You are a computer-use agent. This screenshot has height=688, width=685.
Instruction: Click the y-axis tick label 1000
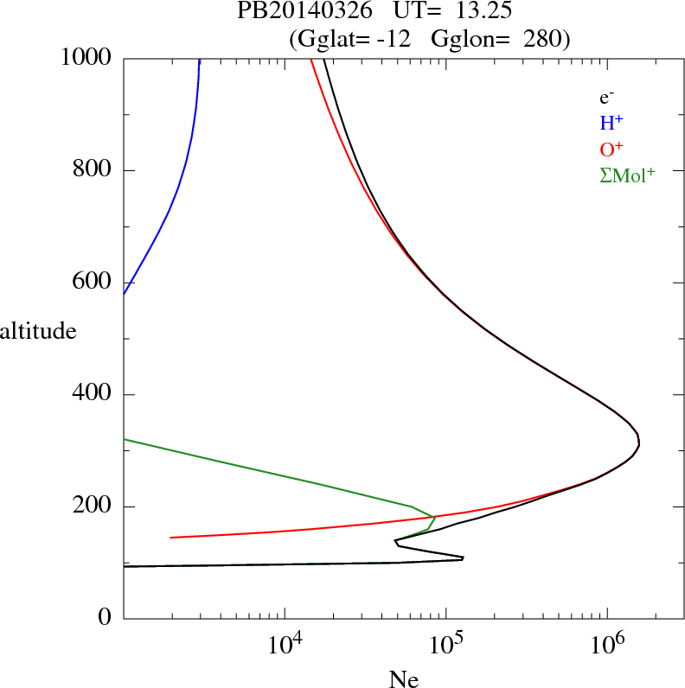point(86,59)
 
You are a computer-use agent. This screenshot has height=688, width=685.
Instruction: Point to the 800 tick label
point(93,171)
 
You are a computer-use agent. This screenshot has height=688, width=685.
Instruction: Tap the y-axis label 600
point(93,283)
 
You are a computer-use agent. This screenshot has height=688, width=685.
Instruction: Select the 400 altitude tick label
point(93,395)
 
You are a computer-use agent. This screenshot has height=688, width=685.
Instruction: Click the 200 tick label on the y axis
point(93,507)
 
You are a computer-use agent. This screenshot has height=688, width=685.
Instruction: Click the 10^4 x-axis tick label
point(285,645)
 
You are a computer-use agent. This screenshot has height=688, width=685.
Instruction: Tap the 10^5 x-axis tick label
point(445,645)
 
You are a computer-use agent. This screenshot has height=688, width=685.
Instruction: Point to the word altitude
point(38,331)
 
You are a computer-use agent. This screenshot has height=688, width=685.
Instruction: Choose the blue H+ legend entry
point(611,123)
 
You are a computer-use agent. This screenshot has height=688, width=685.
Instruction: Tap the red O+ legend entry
point(611,149)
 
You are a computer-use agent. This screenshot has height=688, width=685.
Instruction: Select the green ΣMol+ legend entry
point(627,175)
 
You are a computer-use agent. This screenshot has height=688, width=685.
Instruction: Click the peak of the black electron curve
point(638,443)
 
